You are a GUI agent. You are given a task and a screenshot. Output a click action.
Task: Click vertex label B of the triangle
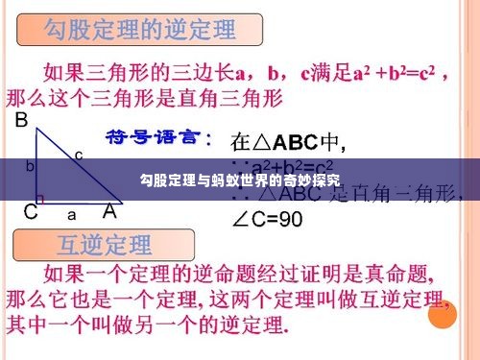pyautogui.click(x=21, y=122)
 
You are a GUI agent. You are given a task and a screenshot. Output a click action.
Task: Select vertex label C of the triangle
pyautogui.click(x=31, y=211)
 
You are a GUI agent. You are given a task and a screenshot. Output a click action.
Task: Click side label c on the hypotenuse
pyautogui.click(x=79, y=154)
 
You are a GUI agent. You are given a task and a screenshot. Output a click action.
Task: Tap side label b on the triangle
pyautogui.click(x=30, y=165)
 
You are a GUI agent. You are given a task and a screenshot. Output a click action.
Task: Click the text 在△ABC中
pyautogui.click(x=288, y=143)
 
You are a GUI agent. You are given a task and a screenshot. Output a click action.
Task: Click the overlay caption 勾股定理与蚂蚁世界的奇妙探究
pyautogui.click(x=239, y=180)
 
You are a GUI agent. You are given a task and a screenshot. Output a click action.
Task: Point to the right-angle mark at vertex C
pyautogui.click(x=41, y=198)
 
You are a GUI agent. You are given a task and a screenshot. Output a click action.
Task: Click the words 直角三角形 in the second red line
pyautogui.click(x=232, y=99)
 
